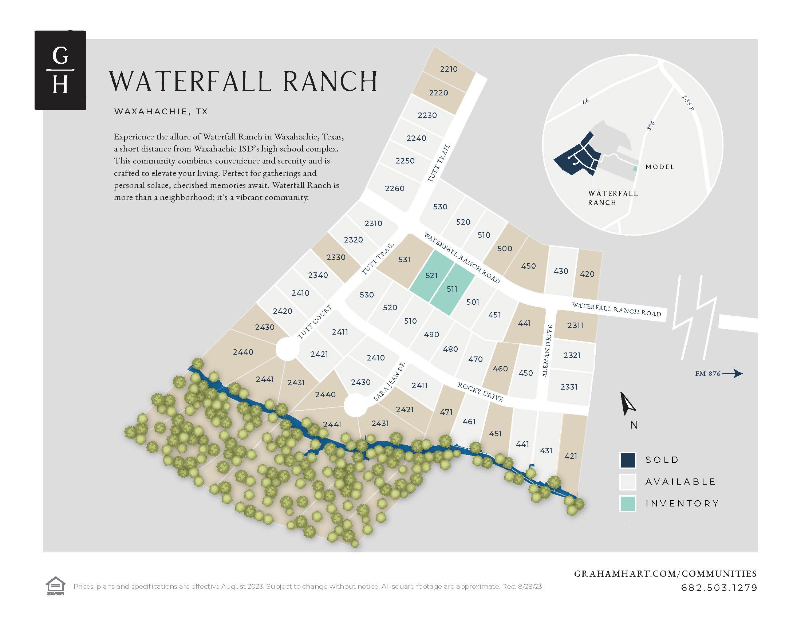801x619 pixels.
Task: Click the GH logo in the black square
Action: [x=60, y=70]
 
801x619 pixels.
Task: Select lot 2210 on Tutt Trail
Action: [x=449, y=69]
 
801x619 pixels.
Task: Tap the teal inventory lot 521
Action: [x=431, y=275]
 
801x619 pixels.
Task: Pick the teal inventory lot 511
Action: [x=452, y=289]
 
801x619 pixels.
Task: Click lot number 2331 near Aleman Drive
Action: [x=569, y=387]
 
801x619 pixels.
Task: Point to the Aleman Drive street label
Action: [x=547, y=351]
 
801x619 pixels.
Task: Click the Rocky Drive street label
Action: [x=480, y=392]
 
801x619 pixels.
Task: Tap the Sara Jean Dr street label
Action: [x=390, y=382]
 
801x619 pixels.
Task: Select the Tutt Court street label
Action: [x=314, y=322]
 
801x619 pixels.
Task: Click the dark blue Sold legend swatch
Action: [x=628, y=460]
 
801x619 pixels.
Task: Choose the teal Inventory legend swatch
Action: [x=628, y=504]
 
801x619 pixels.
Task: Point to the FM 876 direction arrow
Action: [x=733, y=374]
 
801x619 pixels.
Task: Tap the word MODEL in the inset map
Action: [x=660, y=167]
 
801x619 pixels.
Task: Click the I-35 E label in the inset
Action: [x=688, y=103]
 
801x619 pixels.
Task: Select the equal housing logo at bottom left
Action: [x=55, y=586]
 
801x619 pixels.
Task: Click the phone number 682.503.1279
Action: [x=719, y=588]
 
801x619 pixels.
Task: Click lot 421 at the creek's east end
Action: [x=571, y=456]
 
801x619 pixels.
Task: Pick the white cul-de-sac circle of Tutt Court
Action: [x=287, y=349]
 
